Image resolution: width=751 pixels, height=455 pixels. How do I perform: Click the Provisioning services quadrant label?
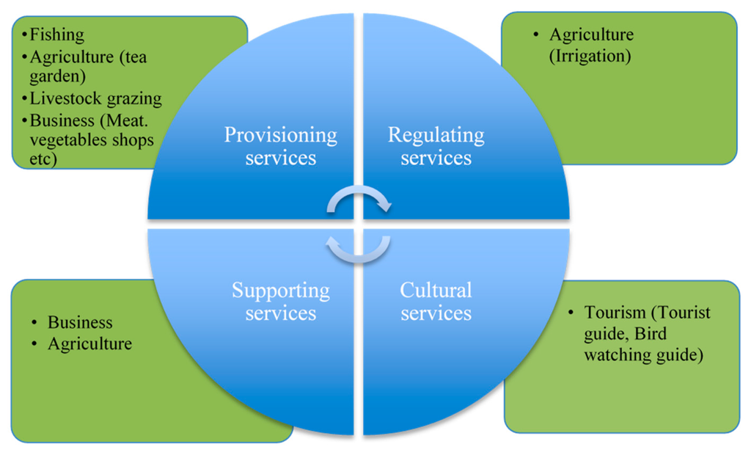tap(280, 146)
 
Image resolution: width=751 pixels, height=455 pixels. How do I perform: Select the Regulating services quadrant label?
tap(436, 146)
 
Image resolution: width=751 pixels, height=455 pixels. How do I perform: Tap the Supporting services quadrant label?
tap(280, 302)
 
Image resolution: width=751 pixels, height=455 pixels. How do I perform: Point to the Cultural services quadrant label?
tap(436, 302)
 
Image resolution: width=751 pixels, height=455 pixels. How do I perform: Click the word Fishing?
tap(56, 34)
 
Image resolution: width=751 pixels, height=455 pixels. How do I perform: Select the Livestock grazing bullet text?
tap(95, 98)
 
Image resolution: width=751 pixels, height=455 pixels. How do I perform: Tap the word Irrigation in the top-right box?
tap(590, 56)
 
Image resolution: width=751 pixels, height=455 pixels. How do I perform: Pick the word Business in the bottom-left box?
tap(80, 322)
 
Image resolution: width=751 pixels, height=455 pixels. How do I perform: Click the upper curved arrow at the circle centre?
tap(359, 197)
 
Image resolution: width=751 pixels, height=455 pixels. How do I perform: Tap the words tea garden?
tap(88, 67)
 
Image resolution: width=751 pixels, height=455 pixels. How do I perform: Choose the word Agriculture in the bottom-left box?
tap(89, 343)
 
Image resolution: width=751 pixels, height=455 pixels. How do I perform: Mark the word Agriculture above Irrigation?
tap(591, 34)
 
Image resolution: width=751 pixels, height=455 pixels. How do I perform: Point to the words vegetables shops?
tap(92, 140)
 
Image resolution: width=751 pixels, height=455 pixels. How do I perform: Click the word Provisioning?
tap(280, 135)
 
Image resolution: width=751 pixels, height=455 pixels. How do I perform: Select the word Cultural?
tap(436, 291)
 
